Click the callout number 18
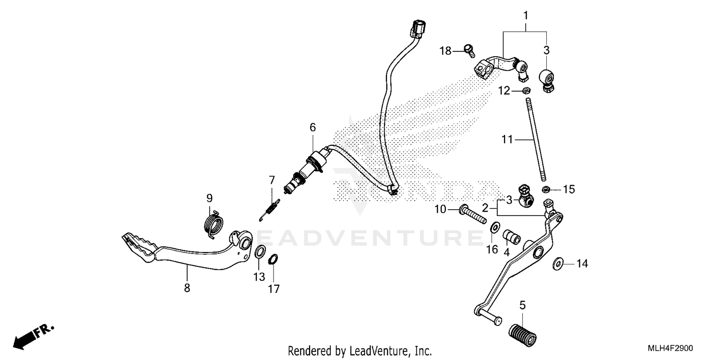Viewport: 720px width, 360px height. (446, 50)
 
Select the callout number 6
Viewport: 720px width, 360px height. (312, 127)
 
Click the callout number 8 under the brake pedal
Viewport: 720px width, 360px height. (187, 288)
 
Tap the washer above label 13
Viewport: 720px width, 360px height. (260, 251)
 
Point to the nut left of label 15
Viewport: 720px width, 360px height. (546, 190)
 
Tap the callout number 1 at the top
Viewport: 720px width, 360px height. (525, 16)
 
